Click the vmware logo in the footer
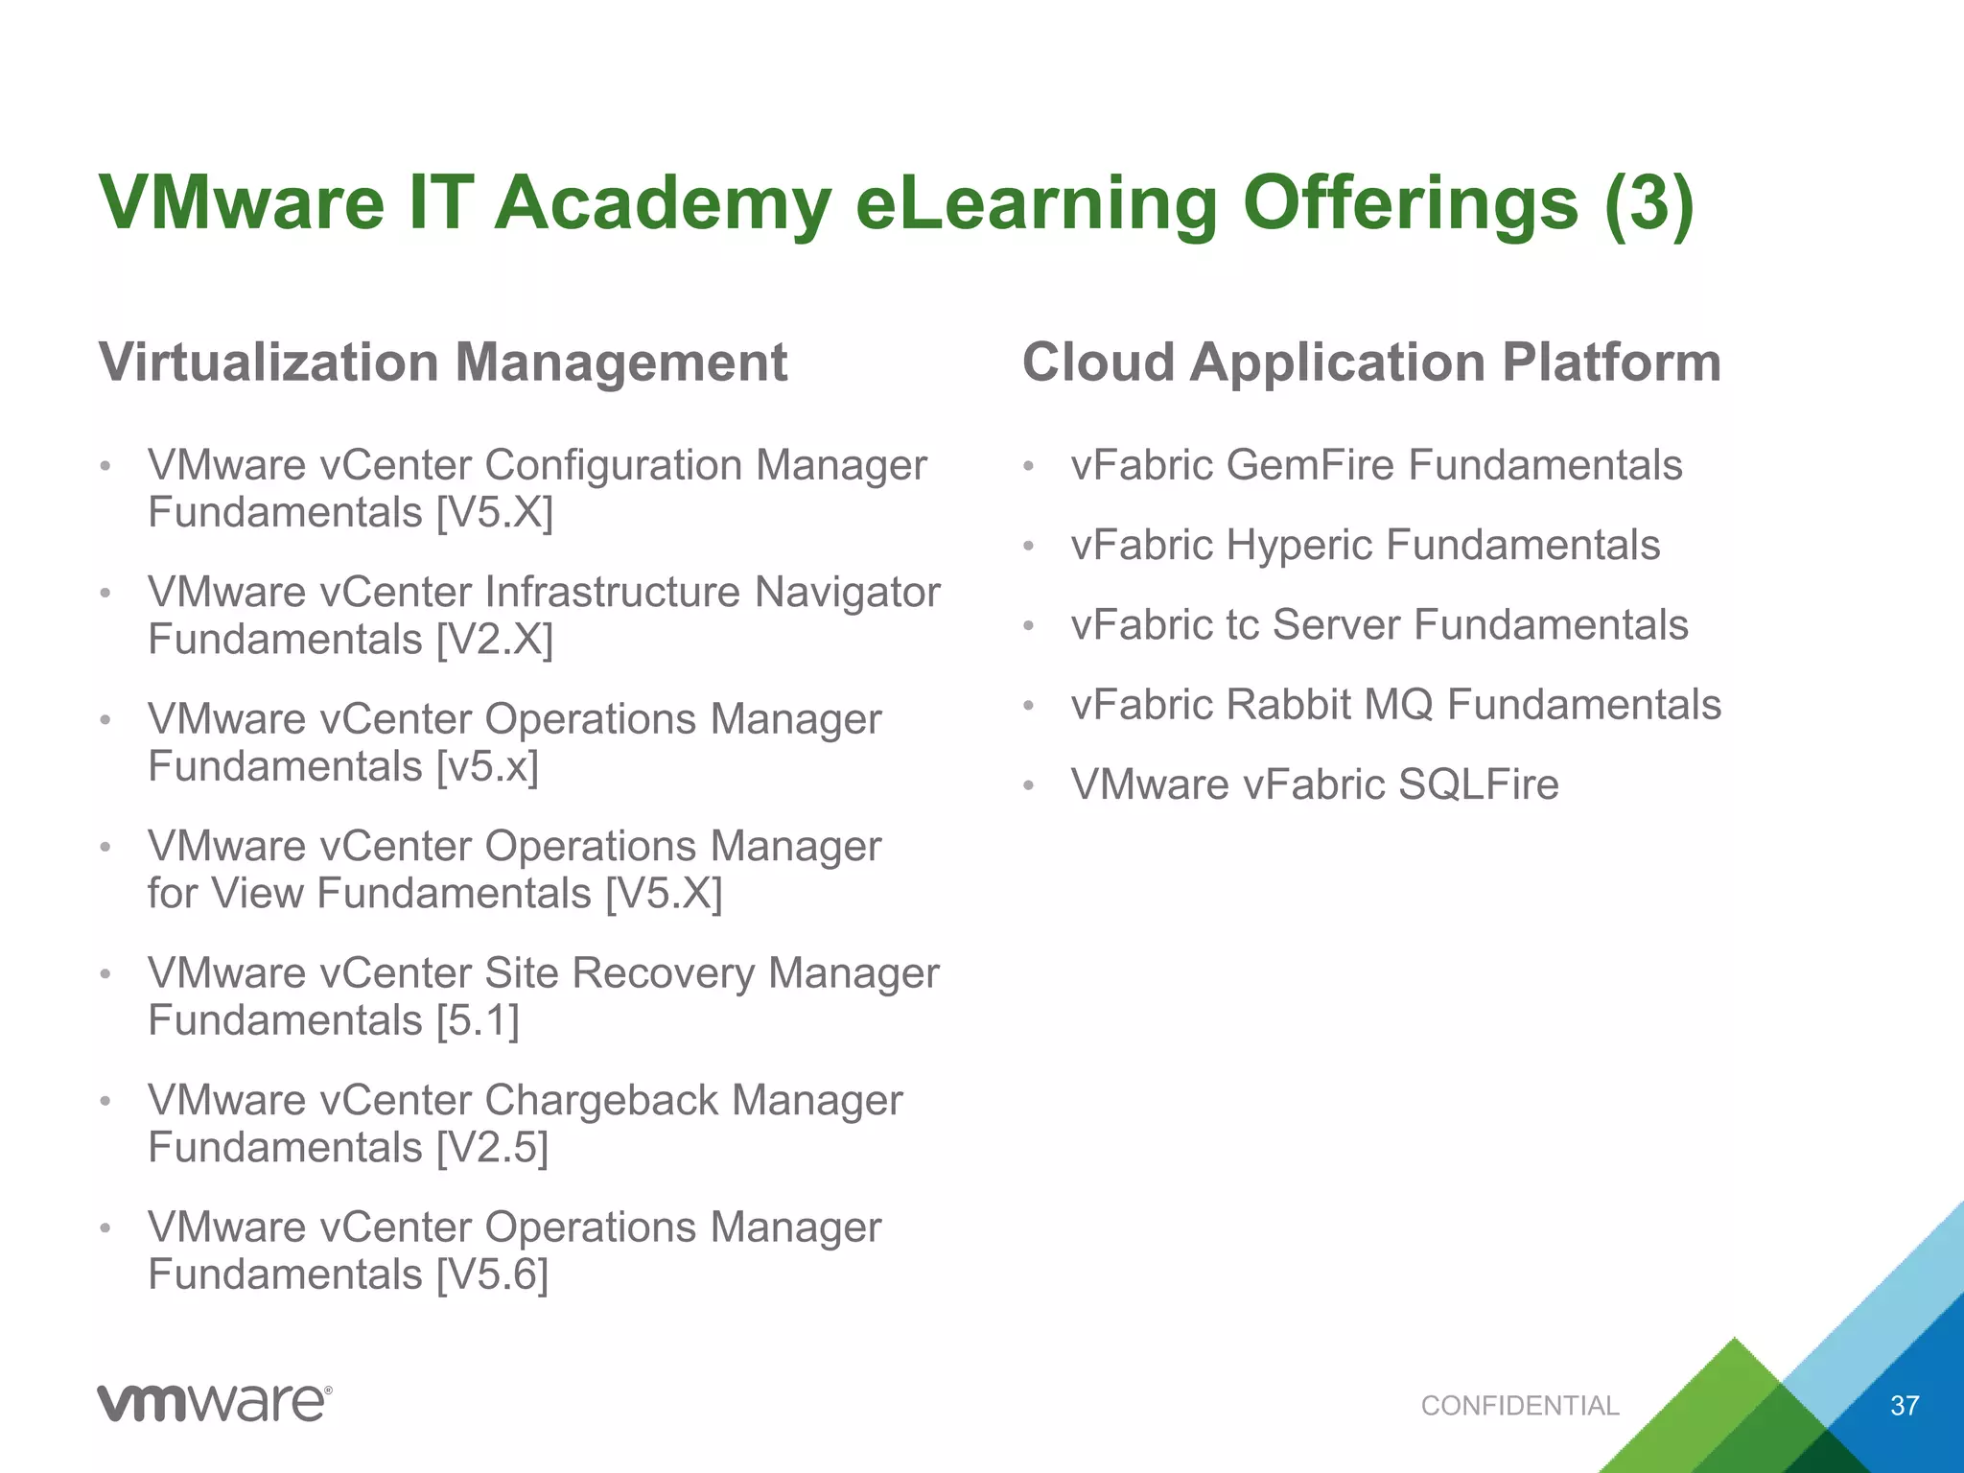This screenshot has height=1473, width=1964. click(x=214, y=1403)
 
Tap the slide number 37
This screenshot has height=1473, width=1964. click(x=1904, y=1406)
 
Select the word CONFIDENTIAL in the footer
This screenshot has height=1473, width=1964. click(x=1520, y=1406)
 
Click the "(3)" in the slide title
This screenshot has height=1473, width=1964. click(x=1648, y=203)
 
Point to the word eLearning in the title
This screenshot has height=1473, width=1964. click(x=1036, y=203)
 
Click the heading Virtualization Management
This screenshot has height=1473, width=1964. click(x=443, y=362)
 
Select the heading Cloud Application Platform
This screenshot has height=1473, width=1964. click(x=1371, y=362)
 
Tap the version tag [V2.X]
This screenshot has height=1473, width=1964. click(x=495, y=640)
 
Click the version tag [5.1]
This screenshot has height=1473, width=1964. click(x=478, y=1020)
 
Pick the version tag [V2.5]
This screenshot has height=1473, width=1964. click(x=493, y=1148)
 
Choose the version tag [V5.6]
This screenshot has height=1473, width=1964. click(x=493, y=1275)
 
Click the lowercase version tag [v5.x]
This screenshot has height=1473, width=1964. click(x=487, y=767)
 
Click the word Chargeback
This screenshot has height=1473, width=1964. click(x=601, y=1101)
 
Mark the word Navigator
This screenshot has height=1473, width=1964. click(x=847, y=593)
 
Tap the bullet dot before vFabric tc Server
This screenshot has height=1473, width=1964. click(x=1029, y=626)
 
